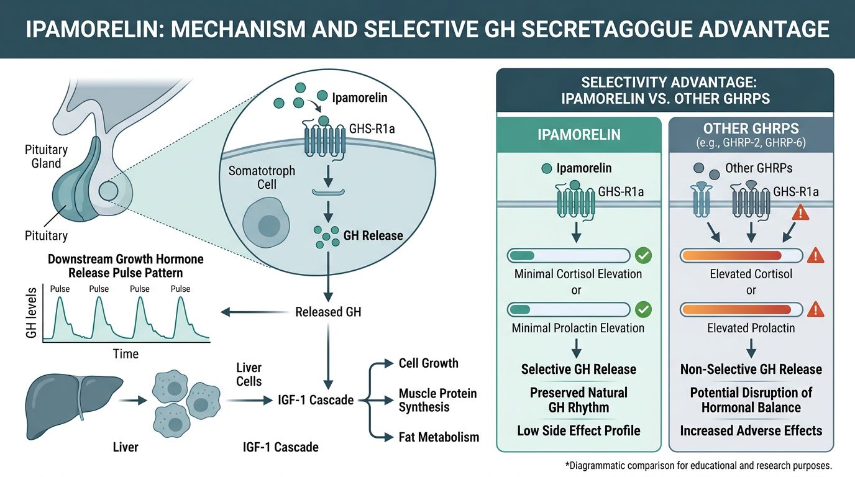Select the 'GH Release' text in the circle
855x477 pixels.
[x=373, y=236]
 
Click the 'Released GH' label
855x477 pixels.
[x=328, y=312]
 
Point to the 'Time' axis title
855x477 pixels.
[x=126, y=354]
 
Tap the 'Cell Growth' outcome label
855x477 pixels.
[x=428, y=363]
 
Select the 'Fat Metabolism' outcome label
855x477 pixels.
[x=439, y=437]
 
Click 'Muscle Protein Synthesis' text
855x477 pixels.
[x=437, y=400]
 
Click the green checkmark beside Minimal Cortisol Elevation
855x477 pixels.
[x=643, y=255]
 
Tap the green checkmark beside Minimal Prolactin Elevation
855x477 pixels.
[x=643, y=309]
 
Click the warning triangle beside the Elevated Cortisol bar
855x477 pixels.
[x=815, y=255]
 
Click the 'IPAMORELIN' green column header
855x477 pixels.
[x=578, y=134]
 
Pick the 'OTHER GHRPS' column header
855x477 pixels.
[x=751, y=134]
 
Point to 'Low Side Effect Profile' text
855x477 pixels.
[x=578, y=430]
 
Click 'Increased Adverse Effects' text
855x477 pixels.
[x=751, y=430]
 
